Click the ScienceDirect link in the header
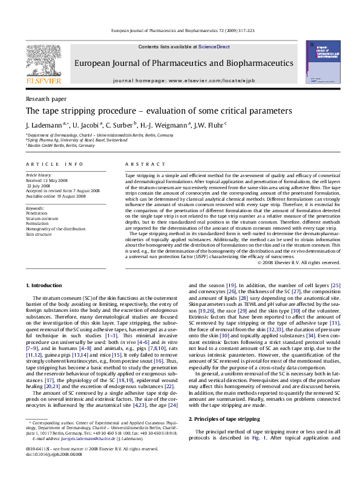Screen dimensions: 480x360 pos(214,47)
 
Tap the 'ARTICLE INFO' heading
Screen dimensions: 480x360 pos(54,164)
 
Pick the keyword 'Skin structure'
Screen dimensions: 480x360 pos(39,233)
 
